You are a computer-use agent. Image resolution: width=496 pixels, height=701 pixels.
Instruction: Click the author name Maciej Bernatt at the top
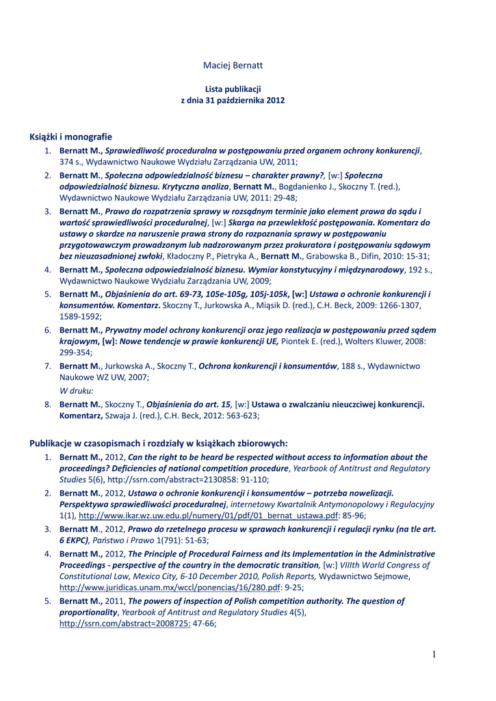[233, 65]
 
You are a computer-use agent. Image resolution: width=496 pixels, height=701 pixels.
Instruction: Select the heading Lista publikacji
[233, 89]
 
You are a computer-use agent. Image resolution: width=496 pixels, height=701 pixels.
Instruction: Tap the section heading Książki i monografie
[70, 137]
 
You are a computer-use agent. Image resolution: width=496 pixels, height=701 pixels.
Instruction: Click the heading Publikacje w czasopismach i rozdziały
[158, 443]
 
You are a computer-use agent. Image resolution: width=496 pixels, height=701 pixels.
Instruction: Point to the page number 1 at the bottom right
[433, 654]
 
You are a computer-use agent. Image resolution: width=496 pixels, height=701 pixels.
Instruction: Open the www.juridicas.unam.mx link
[170, 587]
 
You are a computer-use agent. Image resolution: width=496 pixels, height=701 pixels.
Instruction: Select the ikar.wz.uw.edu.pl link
[208, 515]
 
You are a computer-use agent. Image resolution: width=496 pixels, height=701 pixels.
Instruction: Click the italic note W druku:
[77, 390]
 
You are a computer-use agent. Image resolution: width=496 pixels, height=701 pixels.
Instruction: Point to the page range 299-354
[76, 352]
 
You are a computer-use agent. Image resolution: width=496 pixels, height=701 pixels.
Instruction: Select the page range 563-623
[241, 415]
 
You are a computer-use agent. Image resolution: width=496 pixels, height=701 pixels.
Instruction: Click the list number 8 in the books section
[48, 404]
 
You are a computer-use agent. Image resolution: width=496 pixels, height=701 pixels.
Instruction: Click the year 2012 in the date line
[275, 100]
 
